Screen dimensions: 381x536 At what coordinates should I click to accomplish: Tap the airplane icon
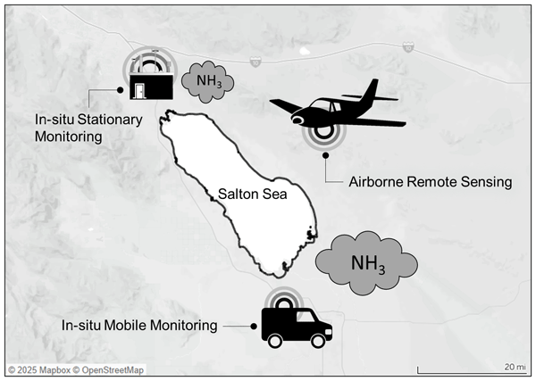pyautogui.click(x=331, y=109)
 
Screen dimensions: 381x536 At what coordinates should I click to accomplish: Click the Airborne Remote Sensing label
pyautogui.click(x=429, y=182)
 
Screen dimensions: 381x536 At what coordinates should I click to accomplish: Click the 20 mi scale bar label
pyautogui.click(x=514, y=366)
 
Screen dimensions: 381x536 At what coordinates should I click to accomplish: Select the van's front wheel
pyautogui.click(x=319, y=341)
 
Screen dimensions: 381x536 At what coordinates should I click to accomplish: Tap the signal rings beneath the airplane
pyautogui.click(x=322, y=134)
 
